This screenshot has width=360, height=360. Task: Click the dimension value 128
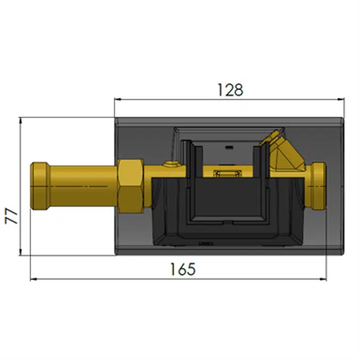click(230, 90)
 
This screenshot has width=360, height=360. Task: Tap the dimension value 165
click(183, 269)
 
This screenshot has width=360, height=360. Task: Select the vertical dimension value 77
click(11, 216)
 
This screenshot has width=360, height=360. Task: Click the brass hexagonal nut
click(131, 186)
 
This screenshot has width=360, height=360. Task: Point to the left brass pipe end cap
click(39, 186)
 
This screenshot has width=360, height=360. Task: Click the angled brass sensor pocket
click(285, 151)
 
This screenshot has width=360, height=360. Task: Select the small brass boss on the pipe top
click(171, 164)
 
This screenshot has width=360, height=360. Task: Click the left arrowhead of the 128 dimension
click(117, 99)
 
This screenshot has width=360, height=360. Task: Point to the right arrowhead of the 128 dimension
click(341, 99)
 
